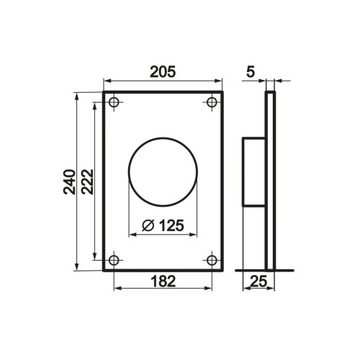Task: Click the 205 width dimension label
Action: coord(163,72)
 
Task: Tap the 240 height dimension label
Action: coord(69,181)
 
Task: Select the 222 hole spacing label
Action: coord(87,181)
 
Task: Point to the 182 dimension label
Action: coord(163,281)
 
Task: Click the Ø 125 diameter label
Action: coord(163,225)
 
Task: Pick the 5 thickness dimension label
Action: coord(251,72)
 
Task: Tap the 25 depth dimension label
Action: coord(258,282)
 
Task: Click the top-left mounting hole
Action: coord(114,102)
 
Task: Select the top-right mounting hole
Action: coord(212,102)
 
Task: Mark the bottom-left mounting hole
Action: coord(114,260)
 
